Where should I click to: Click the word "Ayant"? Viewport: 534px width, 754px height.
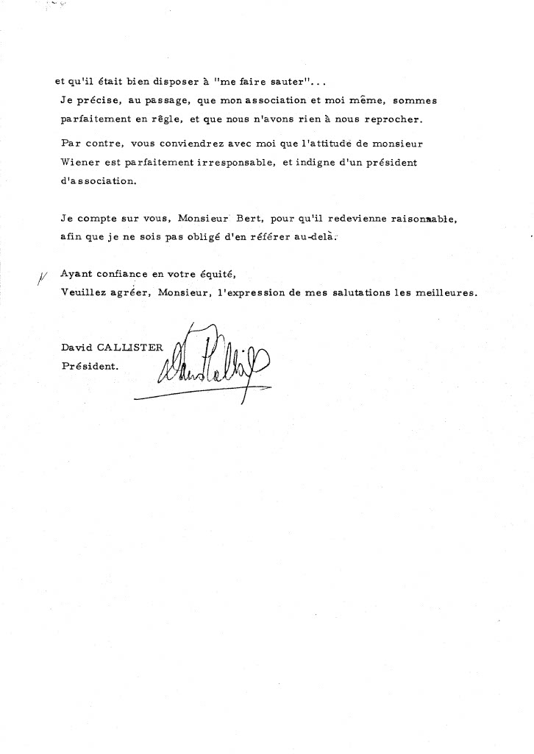[x=77, y=274]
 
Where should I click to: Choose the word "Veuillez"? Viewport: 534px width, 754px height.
[x=85, y=292]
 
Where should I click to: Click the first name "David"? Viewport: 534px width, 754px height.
[x=78, y=346]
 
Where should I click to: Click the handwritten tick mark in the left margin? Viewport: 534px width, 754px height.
[x=40, y=277]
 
